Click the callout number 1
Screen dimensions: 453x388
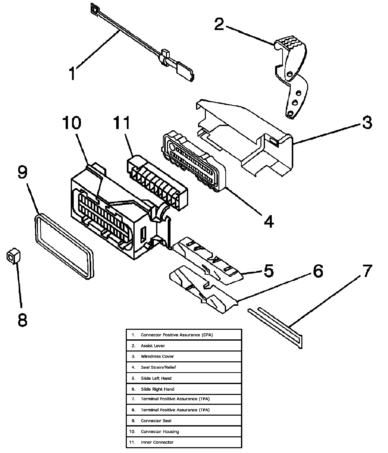(72, 73)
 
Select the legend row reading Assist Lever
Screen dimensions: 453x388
(153, 346)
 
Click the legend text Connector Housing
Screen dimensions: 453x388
(160, 432)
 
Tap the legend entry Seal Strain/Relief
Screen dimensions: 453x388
(158, 367)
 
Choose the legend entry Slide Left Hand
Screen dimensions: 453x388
(156, 378)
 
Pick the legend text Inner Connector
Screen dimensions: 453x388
(157, 442)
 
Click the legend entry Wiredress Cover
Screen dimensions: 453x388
(157, 357)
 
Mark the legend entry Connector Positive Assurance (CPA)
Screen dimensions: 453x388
(177, 335)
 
